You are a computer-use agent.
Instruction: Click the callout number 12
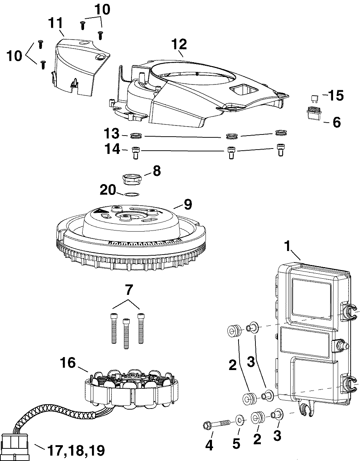(x=179, y=44)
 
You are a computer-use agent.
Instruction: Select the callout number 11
(x=56, y=23)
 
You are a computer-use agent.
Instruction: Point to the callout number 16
(x=68, y=362)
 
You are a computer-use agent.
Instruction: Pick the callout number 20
(x=108, y=190)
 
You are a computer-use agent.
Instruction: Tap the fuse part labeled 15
(x=315, y=98)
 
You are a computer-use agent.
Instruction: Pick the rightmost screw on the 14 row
(x=281, y=150)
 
